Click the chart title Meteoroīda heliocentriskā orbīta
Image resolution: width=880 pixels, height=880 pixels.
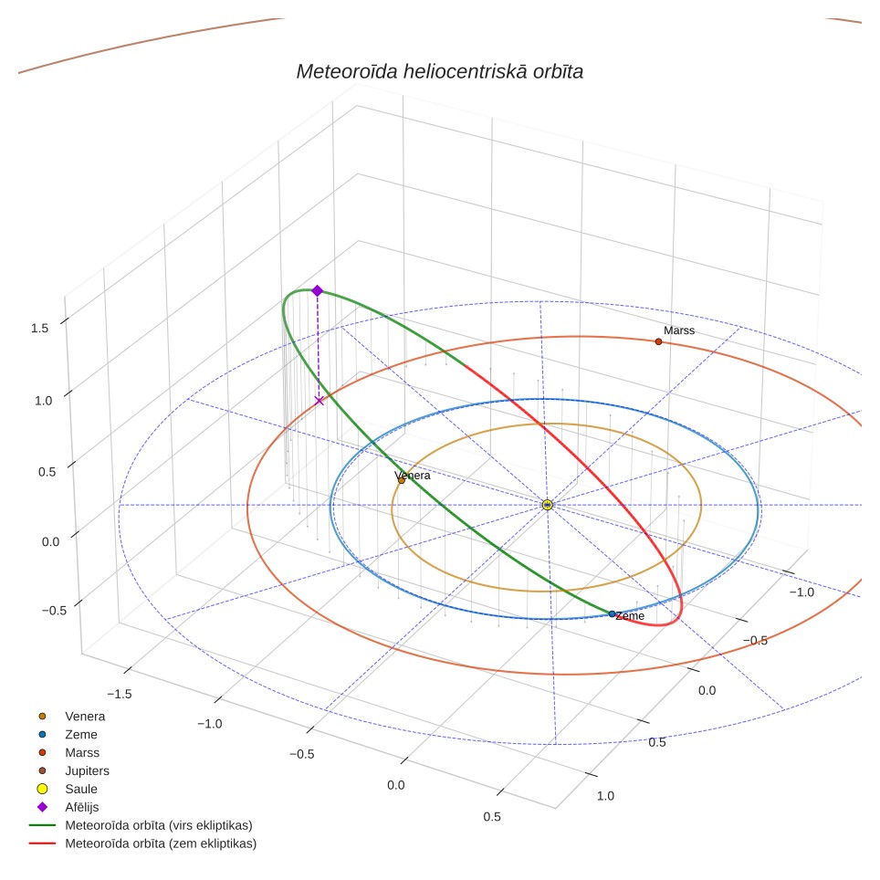(439, 72)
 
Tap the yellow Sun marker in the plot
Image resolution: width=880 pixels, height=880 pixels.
(548, 505)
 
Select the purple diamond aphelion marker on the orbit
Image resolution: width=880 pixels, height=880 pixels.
(317, 290)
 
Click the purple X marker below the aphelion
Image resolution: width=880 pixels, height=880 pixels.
(320, 401)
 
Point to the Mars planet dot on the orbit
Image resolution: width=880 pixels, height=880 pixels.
(658, 341)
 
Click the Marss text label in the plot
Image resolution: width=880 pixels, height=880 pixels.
(679, 330)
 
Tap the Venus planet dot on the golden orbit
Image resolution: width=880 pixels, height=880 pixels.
(402, 480)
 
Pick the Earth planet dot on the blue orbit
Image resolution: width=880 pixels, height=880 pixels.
(612, 614)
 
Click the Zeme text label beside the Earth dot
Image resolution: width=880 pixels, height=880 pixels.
(630, 616)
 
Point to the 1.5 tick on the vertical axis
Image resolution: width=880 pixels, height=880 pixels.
(40, 329)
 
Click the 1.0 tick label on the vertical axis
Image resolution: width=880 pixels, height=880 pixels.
(43, 401)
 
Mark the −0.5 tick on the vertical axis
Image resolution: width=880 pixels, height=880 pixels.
(55, 611)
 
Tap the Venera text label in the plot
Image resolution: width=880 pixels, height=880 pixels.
(413, 476)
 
